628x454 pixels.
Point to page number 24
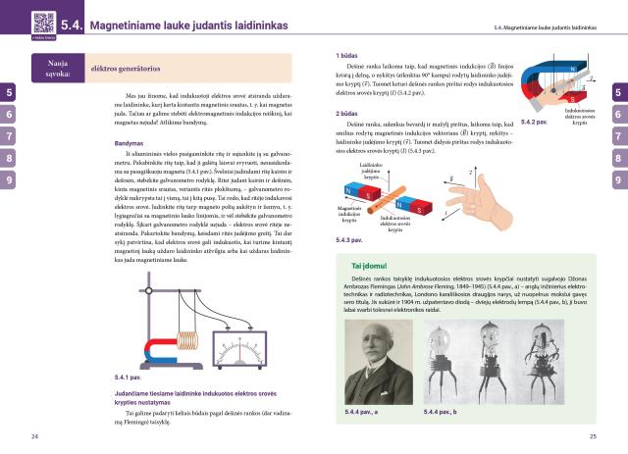35,435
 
